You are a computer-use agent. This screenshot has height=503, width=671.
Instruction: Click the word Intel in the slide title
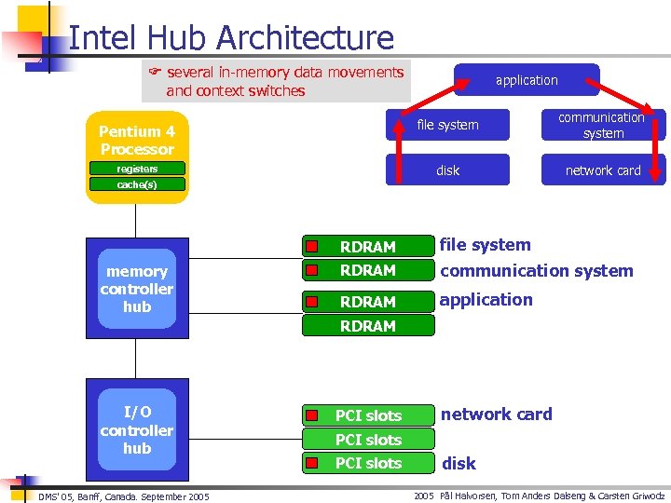click(x=100, y=37)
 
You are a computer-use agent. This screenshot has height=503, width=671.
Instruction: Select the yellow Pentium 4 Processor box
click(x=137, y=140)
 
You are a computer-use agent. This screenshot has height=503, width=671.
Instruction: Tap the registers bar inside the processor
click(x=137, y=170)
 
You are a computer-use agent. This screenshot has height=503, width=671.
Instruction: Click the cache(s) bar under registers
click(x=137, y=184)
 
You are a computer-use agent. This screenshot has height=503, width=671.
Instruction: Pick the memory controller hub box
click(x=137, y=289)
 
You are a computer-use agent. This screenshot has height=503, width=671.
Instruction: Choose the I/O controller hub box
click(x=137, y=430)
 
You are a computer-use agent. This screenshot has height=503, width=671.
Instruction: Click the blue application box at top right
click(x=527, y=80)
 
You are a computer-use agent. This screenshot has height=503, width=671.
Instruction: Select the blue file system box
click(x=448, y=125)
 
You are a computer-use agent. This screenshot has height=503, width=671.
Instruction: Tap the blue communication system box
click(x=603, y=125)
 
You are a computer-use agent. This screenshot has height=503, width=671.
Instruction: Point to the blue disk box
click(x=448, y=170)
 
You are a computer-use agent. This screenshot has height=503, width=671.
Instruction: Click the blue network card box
click(x=603, y=170)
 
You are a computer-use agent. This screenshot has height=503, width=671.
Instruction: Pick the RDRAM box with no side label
click(x=368, y=326)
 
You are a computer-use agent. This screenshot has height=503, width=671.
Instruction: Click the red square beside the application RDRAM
click(x=314, y=302)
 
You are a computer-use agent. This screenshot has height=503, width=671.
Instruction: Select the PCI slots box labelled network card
click(x=368, y=415)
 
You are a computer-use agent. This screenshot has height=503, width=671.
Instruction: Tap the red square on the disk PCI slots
click(x=314, y=463)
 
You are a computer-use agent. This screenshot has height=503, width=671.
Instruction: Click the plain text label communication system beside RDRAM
click(x=536, y=271)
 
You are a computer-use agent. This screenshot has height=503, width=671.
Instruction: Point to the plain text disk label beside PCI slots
click(x=459, y=463)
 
